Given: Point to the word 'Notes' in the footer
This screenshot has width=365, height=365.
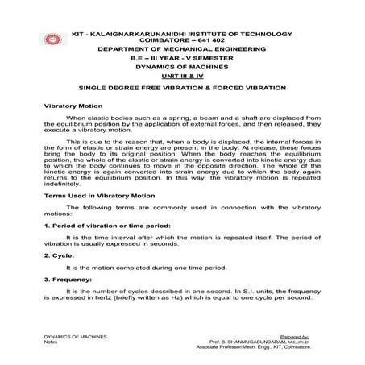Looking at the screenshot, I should click(51, 342).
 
